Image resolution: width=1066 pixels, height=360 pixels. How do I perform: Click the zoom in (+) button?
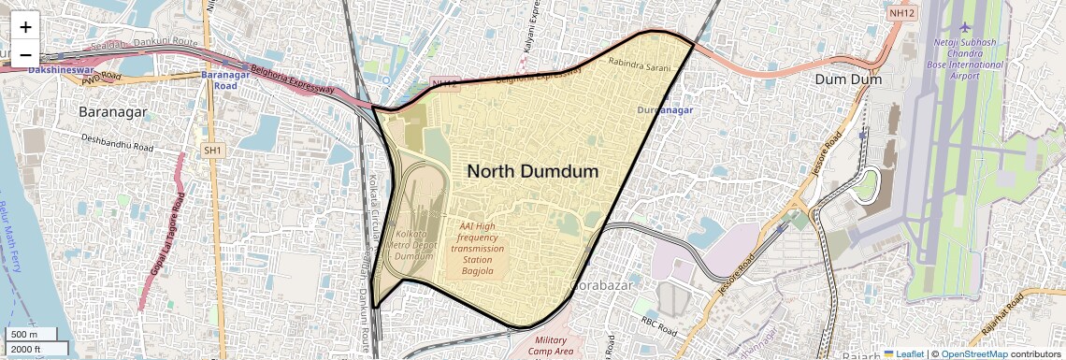click(25, 27)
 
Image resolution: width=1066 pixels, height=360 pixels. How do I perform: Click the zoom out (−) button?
click(25, 53)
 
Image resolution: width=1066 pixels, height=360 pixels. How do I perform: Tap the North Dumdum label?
click(532, 171)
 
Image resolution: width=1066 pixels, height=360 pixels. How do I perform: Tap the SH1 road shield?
click(213, 150)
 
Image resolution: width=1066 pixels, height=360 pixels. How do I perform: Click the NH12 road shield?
click(901, 14)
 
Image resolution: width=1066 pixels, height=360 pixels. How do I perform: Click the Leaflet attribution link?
click(903, 353)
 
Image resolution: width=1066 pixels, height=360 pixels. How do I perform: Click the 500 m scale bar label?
click(25, 335)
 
